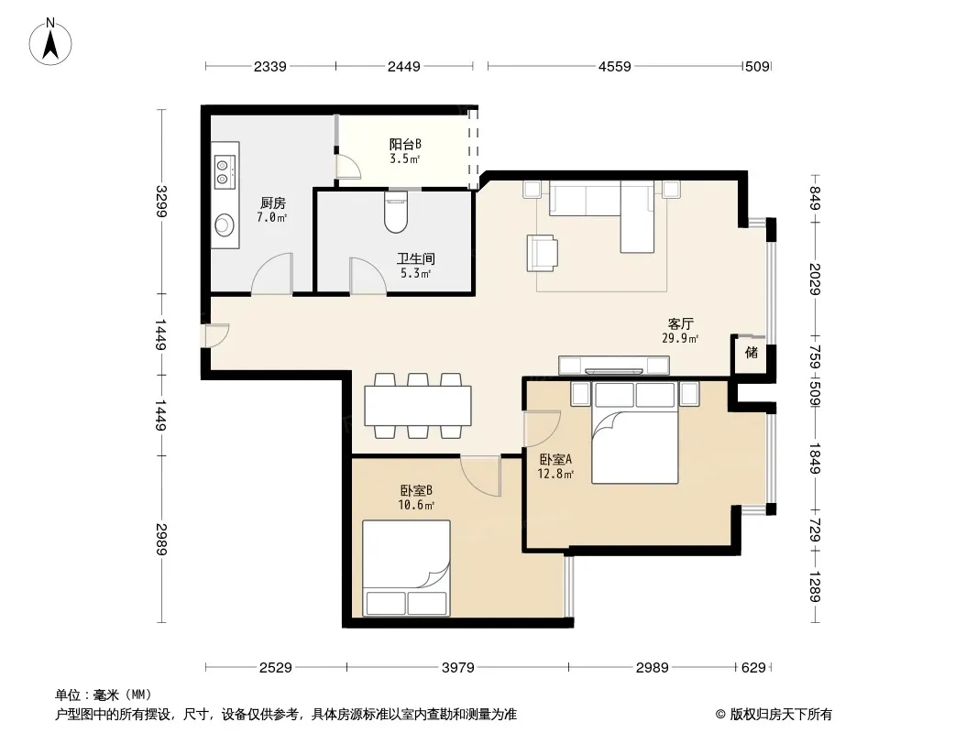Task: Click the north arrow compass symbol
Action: point(50,42)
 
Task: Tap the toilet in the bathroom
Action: point(396,212)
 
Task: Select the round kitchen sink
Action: point(225,224)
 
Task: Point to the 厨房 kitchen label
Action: point(273,203)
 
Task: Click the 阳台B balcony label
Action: point(405,145)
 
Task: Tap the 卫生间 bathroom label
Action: point(415,258)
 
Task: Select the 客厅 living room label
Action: point(680,323)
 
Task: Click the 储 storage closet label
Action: point(752,353)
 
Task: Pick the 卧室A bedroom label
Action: point(555,460)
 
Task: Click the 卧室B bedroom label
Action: point(416,491)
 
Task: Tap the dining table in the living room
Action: point(417,405)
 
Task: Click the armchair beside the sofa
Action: point(542,253)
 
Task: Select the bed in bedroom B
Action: point(406,568)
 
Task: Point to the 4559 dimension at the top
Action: point(615,67)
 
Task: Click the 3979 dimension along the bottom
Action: point(458,668)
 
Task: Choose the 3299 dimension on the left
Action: point(161,202)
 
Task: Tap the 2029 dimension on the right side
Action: point(815,279)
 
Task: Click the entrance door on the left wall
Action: point(215,335)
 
